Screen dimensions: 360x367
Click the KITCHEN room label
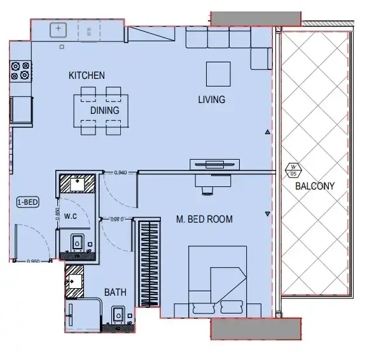(x=87, y=76)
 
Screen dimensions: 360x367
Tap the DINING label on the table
(x=104, y=110)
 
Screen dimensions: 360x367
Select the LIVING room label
(x=211, y=99)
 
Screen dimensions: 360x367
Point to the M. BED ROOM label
(x=204, y=219)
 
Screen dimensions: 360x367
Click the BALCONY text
(x=314, y=186)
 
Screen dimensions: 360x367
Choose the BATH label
(x=115, y=293)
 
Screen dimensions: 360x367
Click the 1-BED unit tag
(x=28, y=203)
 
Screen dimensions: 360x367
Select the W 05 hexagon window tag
(x=293, y=170)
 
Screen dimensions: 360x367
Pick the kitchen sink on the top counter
(x=59, y=29)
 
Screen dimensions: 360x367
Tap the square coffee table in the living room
(x=218, y=73)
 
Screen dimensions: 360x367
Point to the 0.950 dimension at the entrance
(x=33, y=261)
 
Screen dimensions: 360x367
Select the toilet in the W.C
(x=77, y=243)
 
